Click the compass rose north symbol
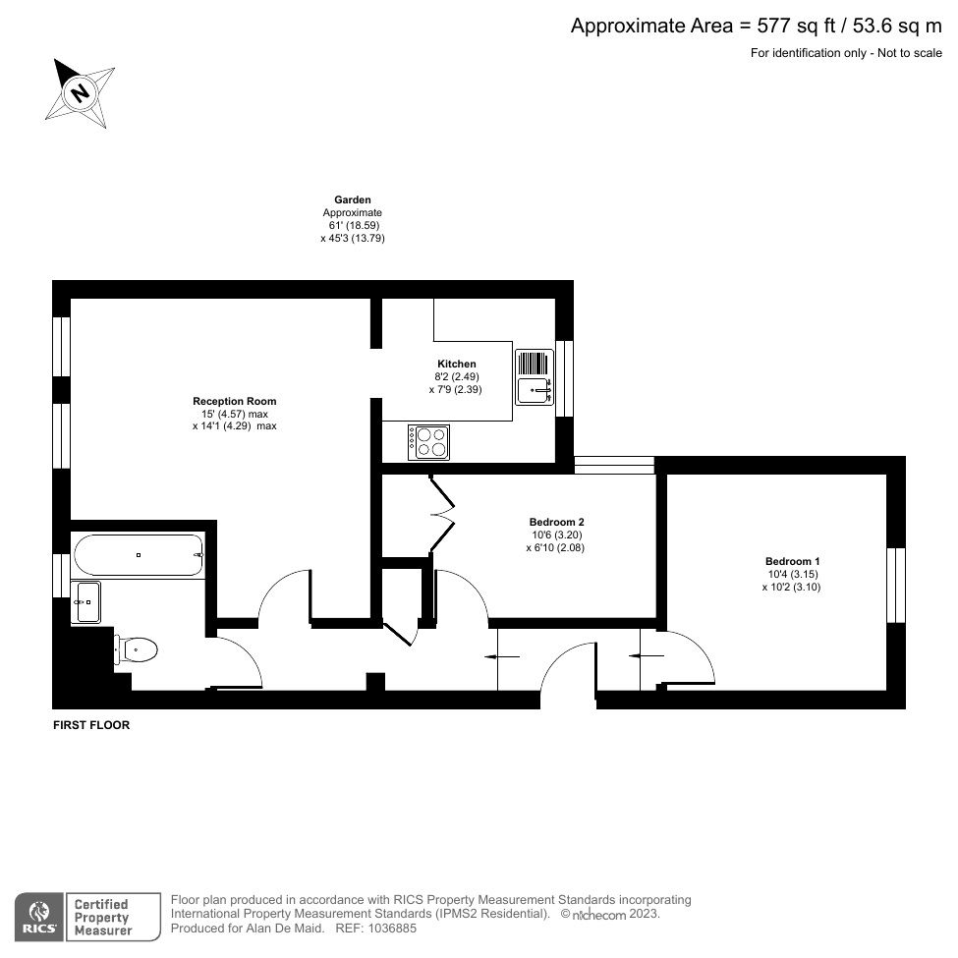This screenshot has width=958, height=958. click(x=81, y=93)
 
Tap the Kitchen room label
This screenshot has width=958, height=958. click(x=456, y=364)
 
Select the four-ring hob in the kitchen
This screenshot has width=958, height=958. click(x=429, y=441)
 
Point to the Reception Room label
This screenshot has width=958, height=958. click(x=234, y=401)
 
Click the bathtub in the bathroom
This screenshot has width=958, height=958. click(x=139, y=555)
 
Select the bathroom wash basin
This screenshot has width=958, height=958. click(x=86, y=601)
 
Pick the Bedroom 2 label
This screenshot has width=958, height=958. click(x=556, y=522)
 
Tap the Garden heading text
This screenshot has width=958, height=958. click(x=352, y=199)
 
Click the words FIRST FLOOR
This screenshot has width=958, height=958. click(x=91, y=725)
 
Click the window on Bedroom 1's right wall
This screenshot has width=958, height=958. click(x=895, y=585)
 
